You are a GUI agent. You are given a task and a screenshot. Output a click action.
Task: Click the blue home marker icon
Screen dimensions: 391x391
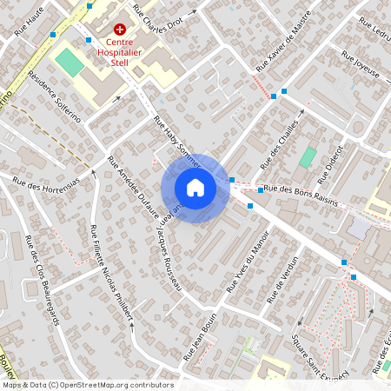pyautogui.click(x=195, y=188)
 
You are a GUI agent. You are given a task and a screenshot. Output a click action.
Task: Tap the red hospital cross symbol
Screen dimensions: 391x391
pyautogui.click(x=120, y=30)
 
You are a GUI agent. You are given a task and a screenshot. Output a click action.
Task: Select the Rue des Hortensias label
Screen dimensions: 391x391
pyautogui.click(x=44, y=184)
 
